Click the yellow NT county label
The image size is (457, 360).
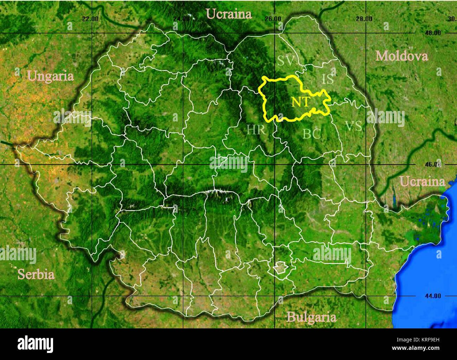pyautogui.click(x=301, y=102)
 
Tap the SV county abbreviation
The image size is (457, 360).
pyautogui.click(x=285, y=61)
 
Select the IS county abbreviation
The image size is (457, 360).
pyautogui.click(x=328, y=79)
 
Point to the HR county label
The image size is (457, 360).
pyautogui.click(x=256, y=130)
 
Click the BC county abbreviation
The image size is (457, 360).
pyautogui.click(x=312, y=133)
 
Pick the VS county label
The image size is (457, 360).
pyautogui.click(x=353, y=126)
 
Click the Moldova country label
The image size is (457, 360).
pyautogui.click(x=401, y=56)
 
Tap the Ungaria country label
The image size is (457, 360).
pyautogui.click(x=50, y=76)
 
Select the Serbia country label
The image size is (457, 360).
pyautogui.click(x=36, y=274)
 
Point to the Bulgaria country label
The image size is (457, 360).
pyautogui.click(x=311, y=317)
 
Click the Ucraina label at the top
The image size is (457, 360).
pyautogui.click(x=229, y=14)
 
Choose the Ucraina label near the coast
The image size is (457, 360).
pyautogui.click(x=422, y=182)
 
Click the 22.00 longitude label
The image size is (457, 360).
pyautogui.click(x=90, y=19)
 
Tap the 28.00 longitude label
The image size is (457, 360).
pyautogui.click(x=364, y=19)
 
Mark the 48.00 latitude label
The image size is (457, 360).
pyautogui.click(x=432, y=33)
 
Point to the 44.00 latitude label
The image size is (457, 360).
pyautogui.click(x=432, y=296)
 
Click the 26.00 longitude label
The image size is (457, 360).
pyautogui.click(x=273, y=19)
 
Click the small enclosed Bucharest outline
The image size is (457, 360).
pyautogui.click(x=281, y=269)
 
